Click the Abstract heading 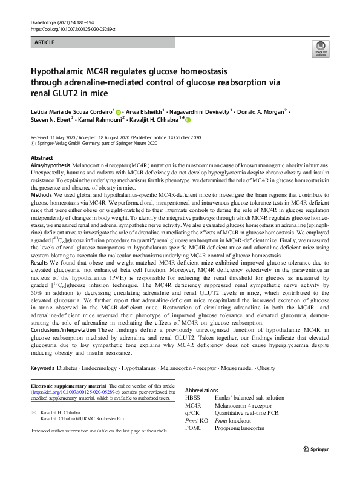point(43,157)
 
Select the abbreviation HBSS point(193,398)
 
